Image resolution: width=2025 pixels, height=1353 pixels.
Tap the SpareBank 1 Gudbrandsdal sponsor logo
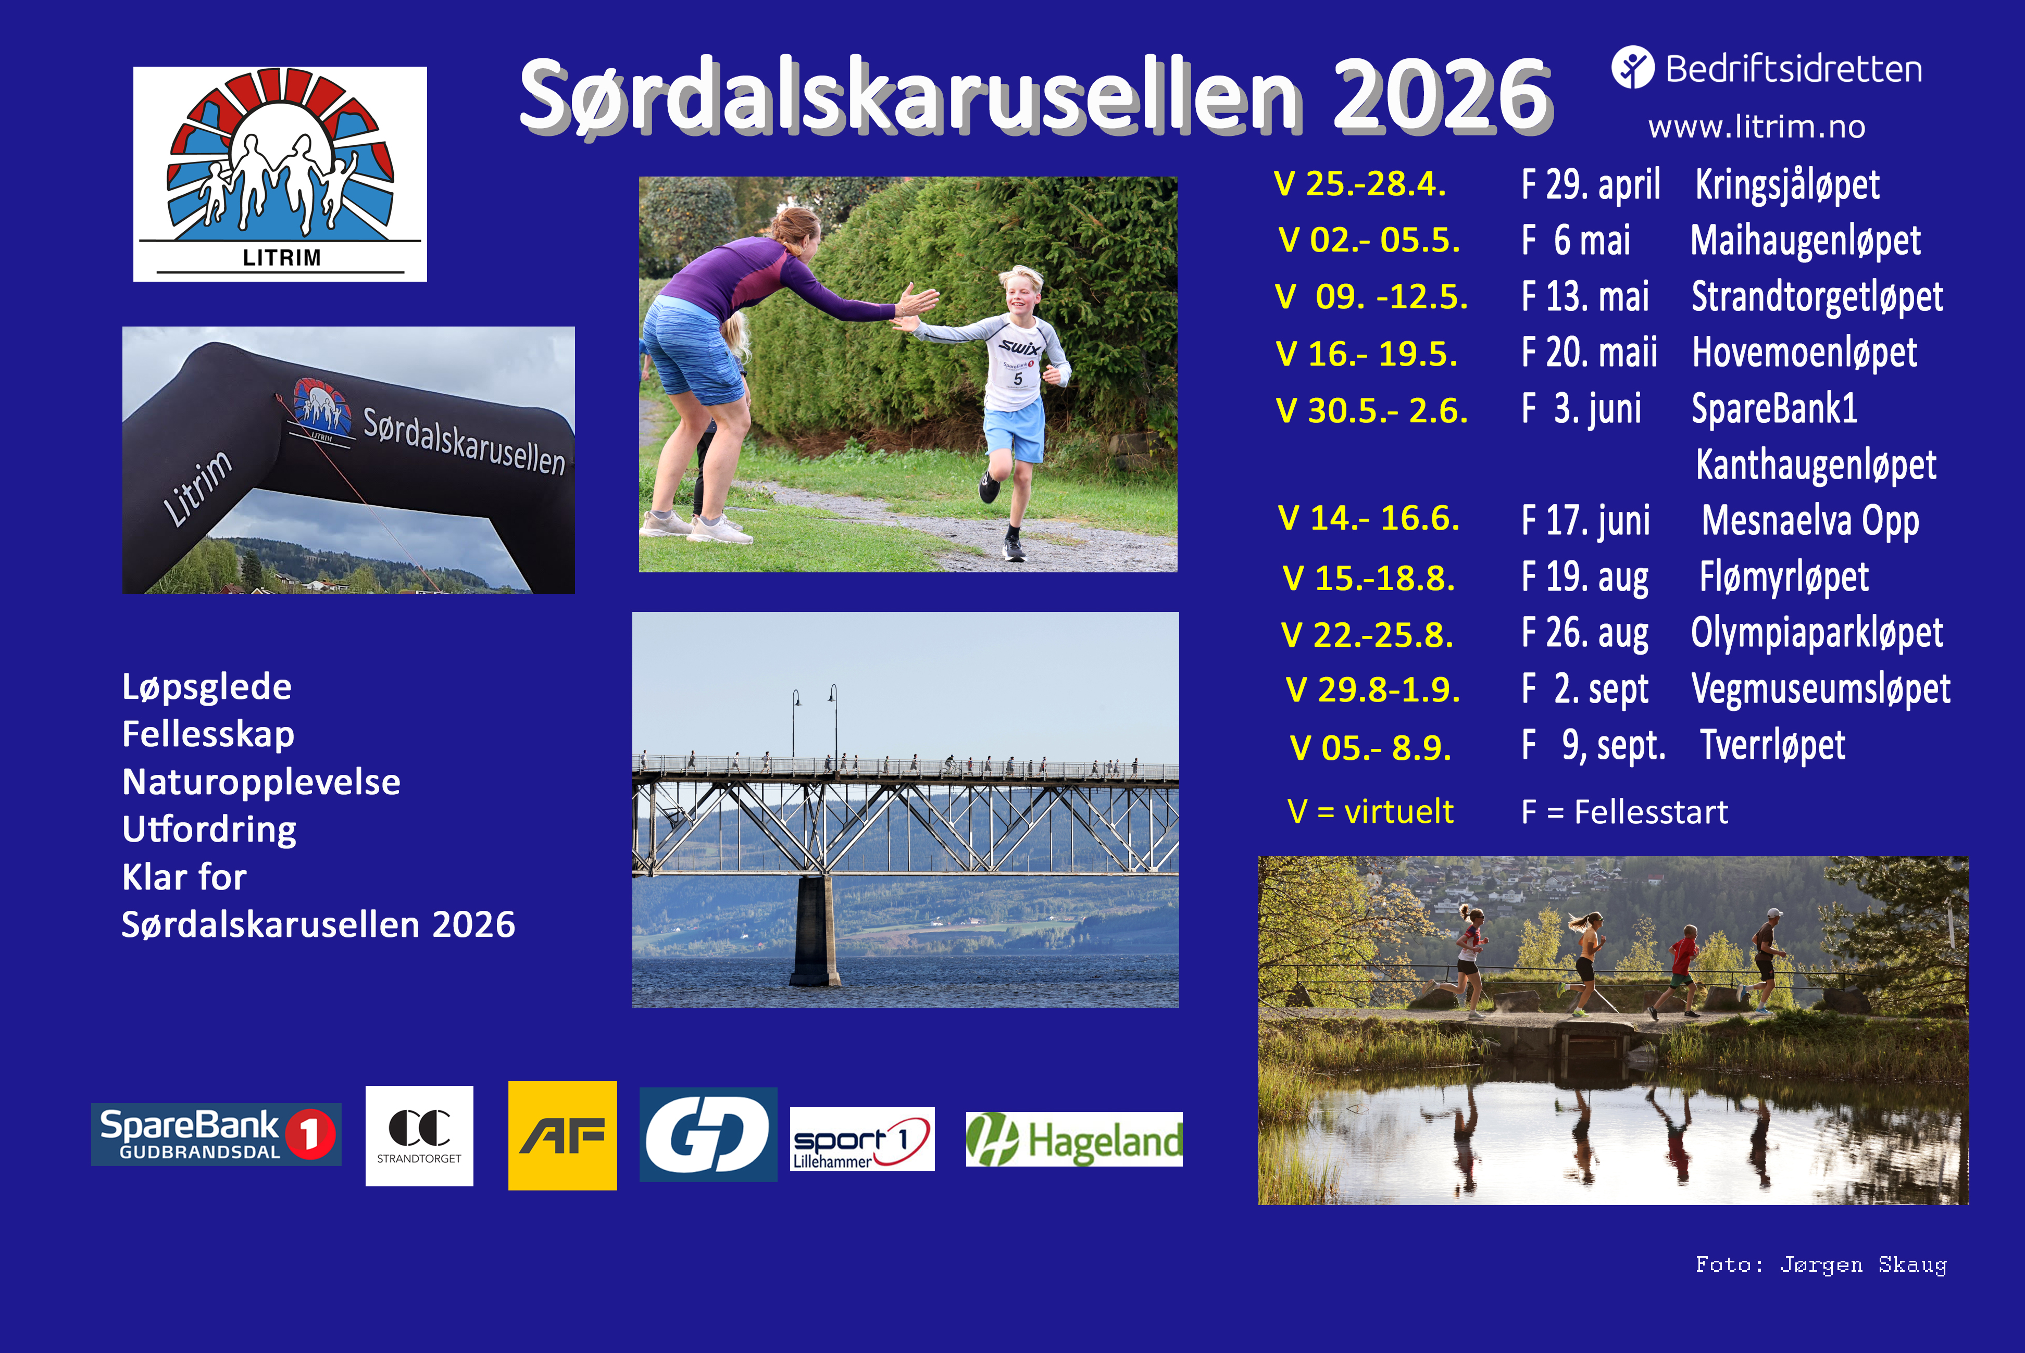(x=216, y=1134)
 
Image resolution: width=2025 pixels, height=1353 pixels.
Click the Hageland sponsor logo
(x=1073, y=1139)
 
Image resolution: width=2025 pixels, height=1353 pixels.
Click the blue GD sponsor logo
(x=707, y=1135)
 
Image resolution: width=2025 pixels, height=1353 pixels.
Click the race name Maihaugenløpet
(x=1805, y=240)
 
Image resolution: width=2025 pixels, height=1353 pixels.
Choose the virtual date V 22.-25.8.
(x=1367, y=635)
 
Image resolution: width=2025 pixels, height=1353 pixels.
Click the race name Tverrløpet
(x=1772, y=746)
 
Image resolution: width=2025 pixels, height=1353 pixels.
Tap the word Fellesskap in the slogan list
(x=208, y=734)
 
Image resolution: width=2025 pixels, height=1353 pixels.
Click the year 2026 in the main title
(x=1441, y=95)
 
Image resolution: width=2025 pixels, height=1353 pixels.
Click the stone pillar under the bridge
(x=815, y=932)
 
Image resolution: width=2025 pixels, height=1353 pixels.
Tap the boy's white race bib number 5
(x=1018, y=378)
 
